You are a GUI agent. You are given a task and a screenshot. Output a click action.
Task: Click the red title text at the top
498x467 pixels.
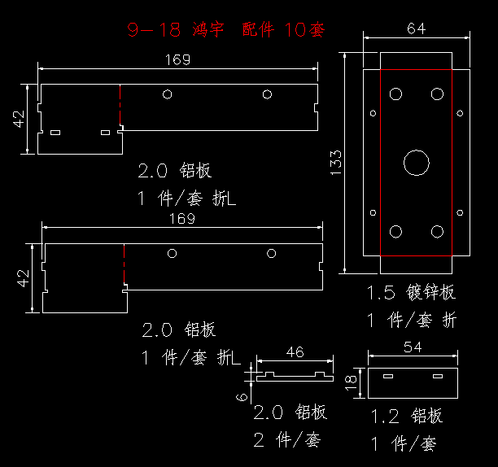[x=225, y=30]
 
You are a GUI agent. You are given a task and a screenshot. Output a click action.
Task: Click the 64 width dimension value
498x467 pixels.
[x=416, y=28]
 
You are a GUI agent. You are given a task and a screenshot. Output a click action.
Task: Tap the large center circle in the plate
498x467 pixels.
[x=417, y=162]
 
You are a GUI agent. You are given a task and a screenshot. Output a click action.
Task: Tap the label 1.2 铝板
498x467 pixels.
[x=406, y=417]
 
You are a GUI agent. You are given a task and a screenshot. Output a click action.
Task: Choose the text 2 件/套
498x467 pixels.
[x=286, y=440]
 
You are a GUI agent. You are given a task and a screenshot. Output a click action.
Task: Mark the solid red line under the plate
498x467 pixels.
[x=416, y=255]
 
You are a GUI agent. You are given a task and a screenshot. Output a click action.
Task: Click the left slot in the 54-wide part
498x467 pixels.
[x=388, y=377]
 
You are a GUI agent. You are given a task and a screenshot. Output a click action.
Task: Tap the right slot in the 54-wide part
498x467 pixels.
[x=438, y=377]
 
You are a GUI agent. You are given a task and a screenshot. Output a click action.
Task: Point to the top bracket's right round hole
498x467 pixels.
[x=266, y=94]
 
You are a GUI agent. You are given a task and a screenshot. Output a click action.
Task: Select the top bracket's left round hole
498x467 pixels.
[x=167, y=94]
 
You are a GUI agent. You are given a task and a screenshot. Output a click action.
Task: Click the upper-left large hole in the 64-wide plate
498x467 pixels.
[x=395, y=94]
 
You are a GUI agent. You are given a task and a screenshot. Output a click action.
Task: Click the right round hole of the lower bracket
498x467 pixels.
[x=271, y=254]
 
